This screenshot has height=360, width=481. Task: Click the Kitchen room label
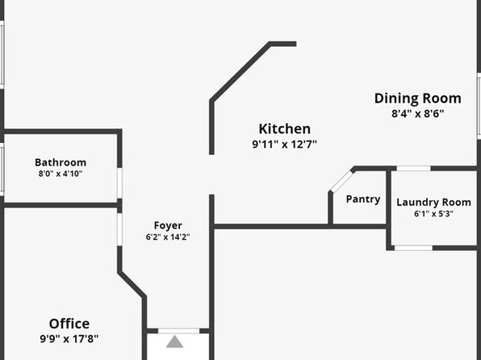click(x=284, y=129)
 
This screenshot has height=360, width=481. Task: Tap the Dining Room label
click(x=417, y=98)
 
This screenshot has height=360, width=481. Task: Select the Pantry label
click(x=363, y=199)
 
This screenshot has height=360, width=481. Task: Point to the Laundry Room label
click(x=433, y=203)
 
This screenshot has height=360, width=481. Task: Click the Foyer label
click(x=168, y=225)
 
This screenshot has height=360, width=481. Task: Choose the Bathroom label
click(x=61, y=162)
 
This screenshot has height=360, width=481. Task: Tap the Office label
click(x=69, y=324)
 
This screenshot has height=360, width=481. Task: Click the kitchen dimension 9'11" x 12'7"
click(x=284, y=144)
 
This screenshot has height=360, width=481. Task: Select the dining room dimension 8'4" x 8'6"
click(x=417, y=114)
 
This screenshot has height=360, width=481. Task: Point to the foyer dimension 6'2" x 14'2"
click(x=168, y=237)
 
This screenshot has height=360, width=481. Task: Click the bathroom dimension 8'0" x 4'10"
click(x=61, y=174)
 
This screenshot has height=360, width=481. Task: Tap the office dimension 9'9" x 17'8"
click(x=69, y=339)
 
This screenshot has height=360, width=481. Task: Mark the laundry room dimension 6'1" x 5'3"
click(x=433, y=214)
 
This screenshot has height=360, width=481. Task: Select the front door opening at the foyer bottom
click(x=178, y=331)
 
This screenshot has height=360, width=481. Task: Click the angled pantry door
click(x=341, y=181)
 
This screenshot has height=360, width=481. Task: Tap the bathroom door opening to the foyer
click(x=119, y=183)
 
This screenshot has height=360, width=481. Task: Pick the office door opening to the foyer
click(x=119, y=229)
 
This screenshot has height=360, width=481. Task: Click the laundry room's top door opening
click(x=413, y=169)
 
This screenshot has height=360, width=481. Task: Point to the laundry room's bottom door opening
click(x=413, y=248)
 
